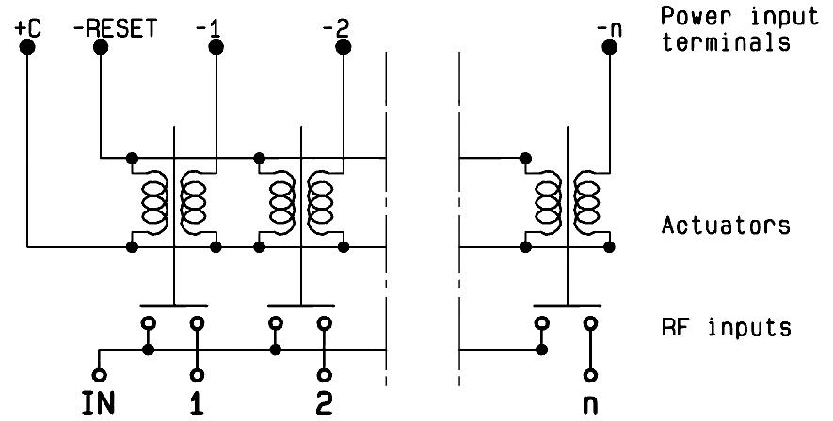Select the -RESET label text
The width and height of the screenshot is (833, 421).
coord(115,28)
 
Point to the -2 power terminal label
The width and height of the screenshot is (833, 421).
coord(333,28)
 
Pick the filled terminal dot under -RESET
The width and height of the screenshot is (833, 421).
coord(100,47)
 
